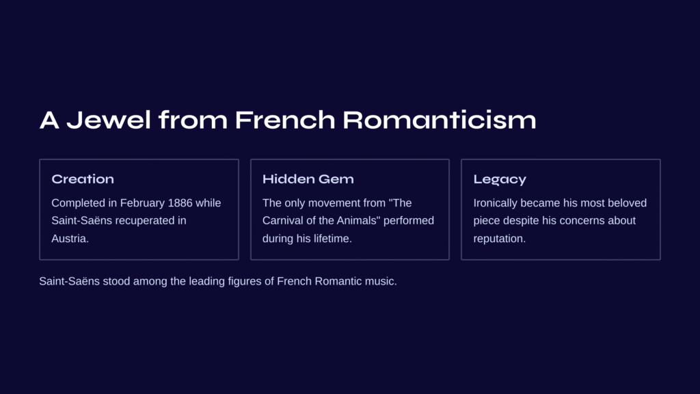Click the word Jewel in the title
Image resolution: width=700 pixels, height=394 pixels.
[x=109, y=120]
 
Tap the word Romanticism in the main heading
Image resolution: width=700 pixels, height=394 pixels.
[x=440, y=120]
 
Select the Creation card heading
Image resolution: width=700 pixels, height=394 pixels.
[x=83, y=179]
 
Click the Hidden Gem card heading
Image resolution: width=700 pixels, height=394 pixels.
[x=308, y=179]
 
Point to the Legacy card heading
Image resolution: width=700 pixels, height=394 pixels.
[x=500, y=180]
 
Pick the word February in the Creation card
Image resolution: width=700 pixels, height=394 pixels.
[x=142, y=203]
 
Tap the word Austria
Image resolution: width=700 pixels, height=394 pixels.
[x=70, y=239]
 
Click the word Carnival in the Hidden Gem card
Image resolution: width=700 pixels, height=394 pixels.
[x=282, y=221]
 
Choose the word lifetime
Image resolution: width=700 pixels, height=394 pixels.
[x=333, y=239]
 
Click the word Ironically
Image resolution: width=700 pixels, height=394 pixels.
[x=495, y=203]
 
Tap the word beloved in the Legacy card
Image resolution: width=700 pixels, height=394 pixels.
[x=628, y=202]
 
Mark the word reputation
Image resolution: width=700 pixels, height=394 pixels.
[x=500, y=239]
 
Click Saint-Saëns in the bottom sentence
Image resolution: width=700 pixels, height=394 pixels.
[x=69, y=281]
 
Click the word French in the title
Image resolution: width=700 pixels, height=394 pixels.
[x=285, y=120]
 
